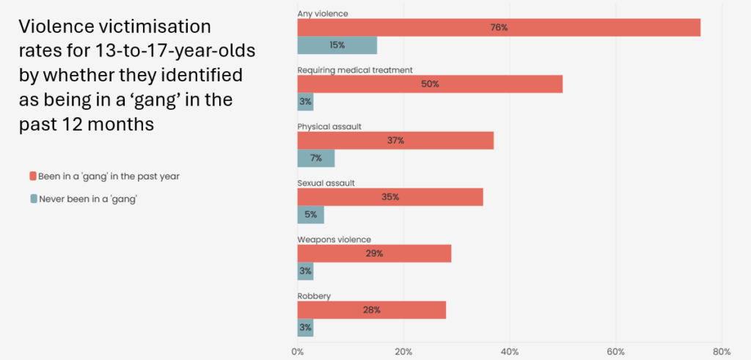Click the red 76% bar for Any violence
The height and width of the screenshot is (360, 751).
coord(499,28)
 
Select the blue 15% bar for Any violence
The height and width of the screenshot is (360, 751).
coord(337,45)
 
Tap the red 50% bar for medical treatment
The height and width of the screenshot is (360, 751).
coord(430,84)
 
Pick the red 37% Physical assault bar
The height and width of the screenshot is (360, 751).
coord(395,141)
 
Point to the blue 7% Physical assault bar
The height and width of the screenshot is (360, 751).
coord(315,158)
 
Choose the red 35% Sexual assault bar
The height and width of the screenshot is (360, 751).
coord(390,197)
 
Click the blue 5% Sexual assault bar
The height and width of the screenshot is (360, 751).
coord(310,214)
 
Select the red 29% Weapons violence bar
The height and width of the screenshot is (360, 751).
coord(374,254)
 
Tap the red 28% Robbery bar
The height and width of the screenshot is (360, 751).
coord(371,309)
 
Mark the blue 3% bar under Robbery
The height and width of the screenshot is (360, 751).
coord(305,327)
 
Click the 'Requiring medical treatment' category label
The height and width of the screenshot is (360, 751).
coord(355,70)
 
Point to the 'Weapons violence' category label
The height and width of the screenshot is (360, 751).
coord(334,239)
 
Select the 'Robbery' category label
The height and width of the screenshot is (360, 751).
coord(314,295)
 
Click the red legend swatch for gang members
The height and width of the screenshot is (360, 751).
coord(33,176)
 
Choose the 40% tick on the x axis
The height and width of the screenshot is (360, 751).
coord(510,350)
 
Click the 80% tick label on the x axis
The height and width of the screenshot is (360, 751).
coord(722,350)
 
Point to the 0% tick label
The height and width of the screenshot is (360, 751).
coord(298,350)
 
